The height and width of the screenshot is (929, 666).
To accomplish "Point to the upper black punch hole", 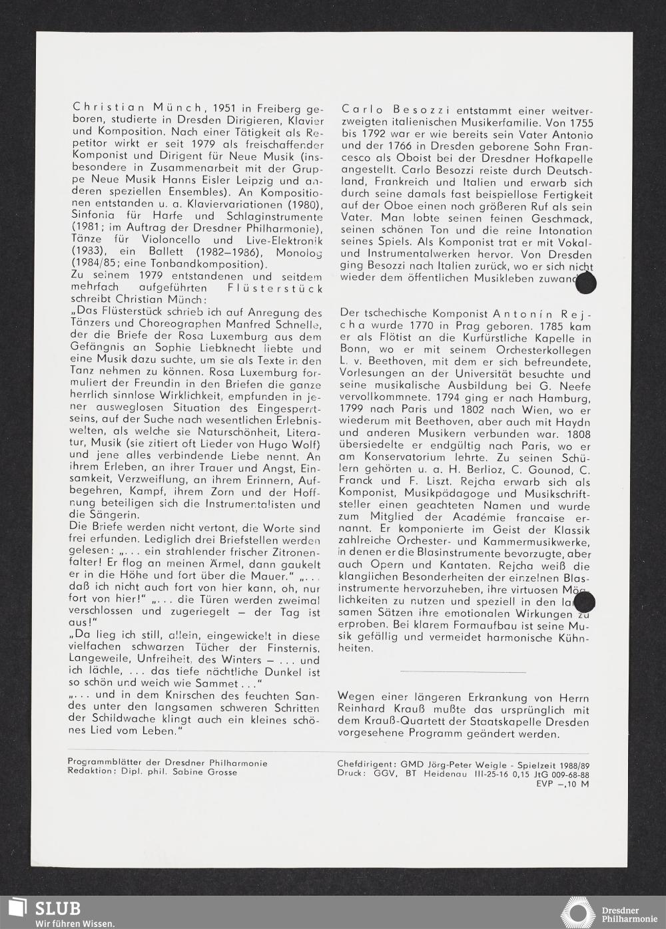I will (585, 283).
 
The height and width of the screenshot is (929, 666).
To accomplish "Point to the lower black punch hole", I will (584, 603).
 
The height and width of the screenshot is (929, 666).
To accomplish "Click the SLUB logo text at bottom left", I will (58, 908).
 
